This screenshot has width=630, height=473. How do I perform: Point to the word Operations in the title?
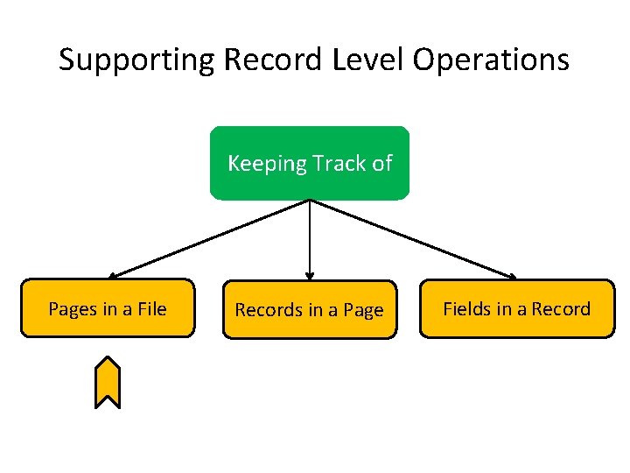(492, 60)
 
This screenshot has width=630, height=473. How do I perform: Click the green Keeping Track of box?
(309, 164)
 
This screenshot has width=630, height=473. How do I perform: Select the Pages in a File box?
(107, 308)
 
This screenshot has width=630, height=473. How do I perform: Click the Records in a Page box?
(309, 310)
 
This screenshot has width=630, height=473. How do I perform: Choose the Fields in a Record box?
(516, 308)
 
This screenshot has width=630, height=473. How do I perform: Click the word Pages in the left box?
(72, 308)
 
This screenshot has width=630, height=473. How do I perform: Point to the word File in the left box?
(150, 308)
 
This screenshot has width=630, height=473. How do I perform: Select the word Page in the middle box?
(363, 310)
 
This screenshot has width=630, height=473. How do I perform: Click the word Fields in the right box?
(466, 308)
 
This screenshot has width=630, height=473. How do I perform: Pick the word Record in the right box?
(561, 308)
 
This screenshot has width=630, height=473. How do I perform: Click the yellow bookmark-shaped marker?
(107, 383)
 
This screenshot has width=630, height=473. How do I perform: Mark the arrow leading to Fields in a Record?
(411, 238)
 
